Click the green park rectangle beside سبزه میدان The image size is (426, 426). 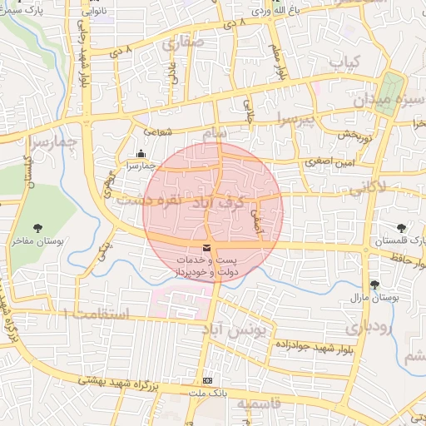pos(390,87)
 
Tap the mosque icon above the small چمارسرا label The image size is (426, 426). pos(141,153)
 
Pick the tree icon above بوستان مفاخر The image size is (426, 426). pos(38,227)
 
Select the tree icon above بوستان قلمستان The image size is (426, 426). pos(402,227)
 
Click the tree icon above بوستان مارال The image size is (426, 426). pos(374,285)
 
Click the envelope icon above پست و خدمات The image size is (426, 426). pos(206,248)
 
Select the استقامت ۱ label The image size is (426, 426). pos(97,314)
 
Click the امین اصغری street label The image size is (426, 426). pos(337,164)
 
